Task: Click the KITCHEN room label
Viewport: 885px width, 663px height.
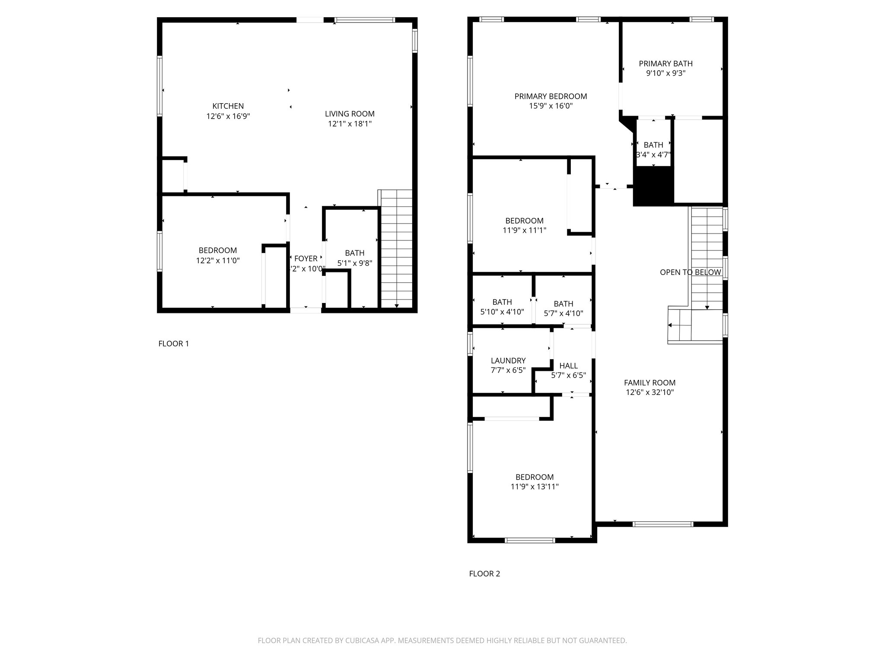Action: [x=228, y=106]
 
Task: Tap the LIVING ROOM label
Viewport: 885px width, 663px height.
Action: [x=350, y=114]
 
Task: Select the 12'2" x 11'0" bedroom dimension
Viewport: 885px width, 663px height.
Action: [x=218, y=260]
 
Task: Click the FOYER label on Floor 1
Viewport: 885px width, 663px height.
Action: [x=306, y=259]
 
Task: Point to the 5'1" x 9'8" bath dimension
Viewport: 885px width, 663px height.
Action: [x=354, y=263]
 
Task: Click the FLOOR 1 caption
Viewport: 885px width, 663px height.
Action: [x=174, y=344]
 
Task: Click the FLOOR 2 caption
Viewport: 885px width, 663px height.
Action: [x=484, y=574]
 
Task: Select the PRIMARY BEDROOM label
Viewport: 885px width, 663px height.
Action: [x=551, y=96]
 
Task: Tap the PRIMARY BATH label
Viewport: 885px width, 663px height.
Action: [x=665, y=63]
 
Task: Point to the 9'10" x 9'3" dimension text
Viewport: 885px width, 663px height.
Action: [x=665, y=73]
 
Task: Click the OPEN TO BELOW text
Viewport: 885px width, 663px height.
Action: [x=690, y=272]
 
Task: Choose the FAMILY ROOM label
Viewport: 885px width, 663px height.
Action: [x=649, y=382]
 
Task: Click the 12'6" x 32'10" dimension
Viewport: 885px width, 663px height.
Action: [x=649, y=392]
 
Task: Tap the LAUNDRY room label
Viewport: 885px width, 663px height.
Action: [x=508, y=360]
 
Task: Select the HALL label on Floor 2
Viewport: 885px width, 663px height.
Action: [x=568, y=366]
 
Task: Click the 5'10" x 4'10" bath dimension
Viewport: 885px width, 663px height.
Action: [x=502, y=312]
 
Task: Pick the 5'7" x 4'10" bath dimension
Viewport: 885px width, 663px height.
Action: [x=563, y=313]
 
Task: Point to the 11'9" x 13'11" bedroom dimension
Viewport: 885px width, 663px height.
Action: [x=534, y=486]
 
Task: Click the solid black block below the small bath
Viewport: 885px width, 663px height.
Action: [x=653, y=186]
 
